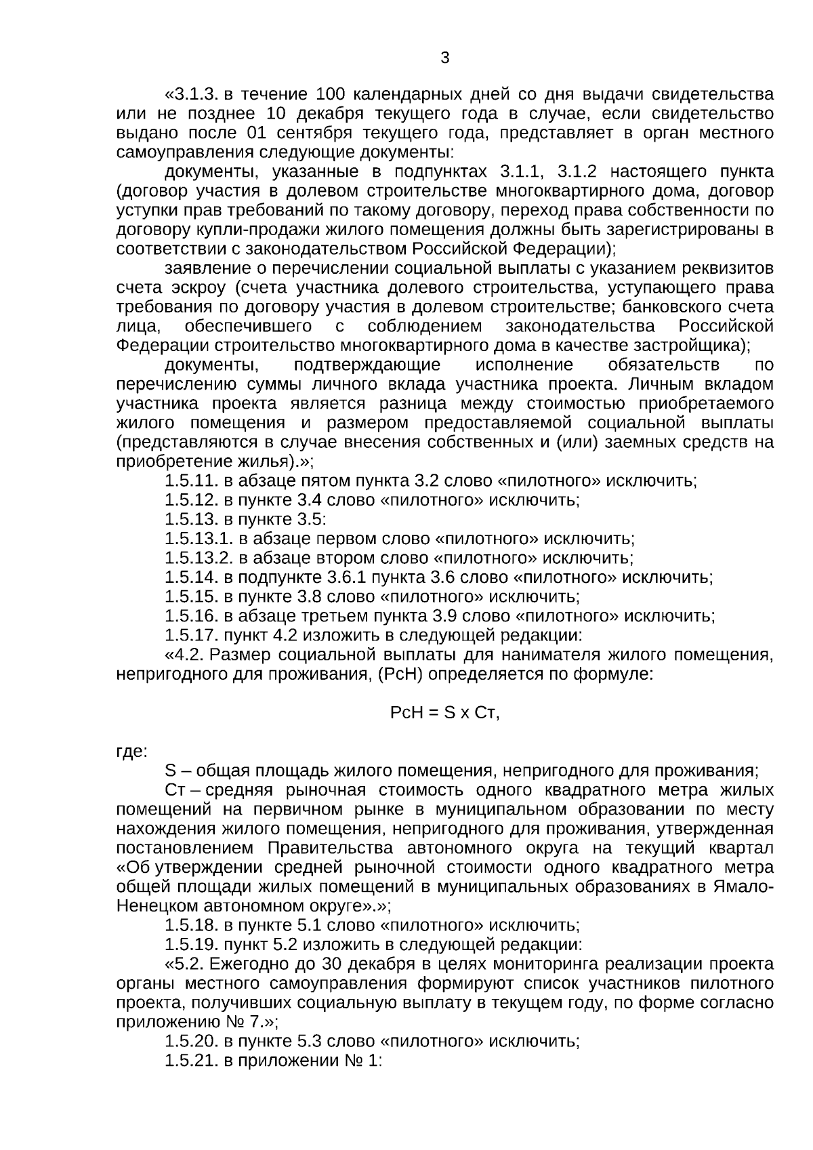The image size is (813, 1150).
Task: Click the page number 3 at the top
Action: click(444, 58)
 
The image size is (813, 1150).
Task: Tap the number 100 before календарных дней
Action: click(332, 94)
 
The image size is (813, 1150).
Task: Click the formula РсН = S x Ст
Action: click(444, 713)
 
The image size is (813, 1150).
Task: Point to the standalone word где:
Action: click(131, 752)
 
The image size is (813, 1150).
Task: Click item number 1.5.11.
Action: click(191, 481)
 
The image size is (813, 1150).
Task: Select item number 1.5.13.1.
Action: click(199, 539)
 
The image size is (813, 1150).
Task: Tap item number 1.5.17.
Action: click(191, 636)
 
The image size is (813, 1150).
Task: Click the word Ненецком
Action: click(156, 906)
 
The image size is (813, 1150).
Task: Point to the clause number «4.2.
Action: click(185, 655)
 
